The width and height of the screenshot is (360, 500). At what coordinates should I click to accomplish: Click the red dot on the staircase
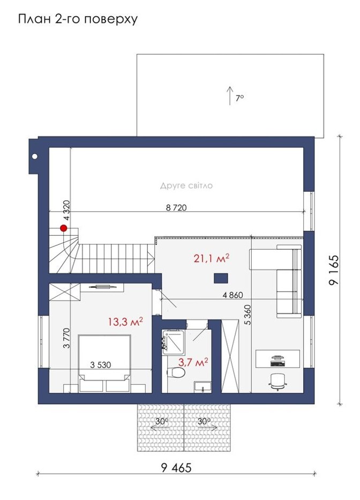(x=64, y=228)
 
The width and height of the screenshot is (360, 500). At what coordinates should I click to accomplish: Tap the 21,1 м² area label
(x=212, y=258)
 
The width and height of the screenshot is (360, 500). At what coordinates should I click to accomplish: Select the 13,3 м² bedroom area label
(x=125, y=322)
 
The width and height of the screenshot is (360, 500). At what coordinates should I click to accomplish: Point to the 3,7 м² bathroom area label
(x=193, y=362)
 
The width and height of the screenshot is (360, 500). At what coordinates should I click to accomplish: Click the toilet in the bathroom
(x=175, y=372)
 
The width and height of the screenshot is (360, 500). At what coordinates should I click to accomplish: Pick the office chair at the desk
(x=277, y=382)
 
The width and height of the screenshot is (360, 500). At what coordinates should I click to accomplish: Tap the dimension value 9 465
(x=176, y=468)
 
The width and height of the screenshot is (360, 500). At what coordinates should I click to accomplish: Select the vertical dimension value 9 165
(x=334, y=270)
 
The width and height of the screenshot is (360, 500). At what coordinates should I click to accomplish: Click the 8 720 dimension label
(x=176, y=207)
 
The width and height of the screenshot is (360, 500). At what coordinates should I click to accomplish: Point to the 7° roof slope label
(x=240, y=98)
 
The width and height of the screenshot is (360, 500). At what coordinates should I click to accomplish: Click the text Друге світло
(x=186, y=185)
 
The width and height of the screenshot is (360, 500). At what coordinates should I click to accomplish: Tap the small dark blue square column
(x=221, y=278)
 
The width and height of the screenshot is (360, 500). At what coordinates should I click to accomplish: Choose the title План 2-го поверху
(x=78, y=19)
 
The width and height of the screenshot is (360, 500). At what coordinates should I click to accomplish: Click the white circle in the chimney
(x=34, y=156)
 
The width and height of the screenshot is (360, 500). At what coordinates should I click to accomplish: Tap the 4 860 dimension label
(x=233, y=295)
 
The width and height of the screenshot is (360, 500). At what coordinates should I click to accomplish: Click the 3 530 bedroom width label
(x=100, y=365)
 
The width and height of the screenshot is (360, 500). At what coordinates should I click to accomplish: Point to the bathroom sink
(x=202, y=386)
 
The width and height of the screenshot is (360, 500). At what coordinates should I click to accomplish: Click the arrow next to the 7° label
(x=230, y=95)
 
